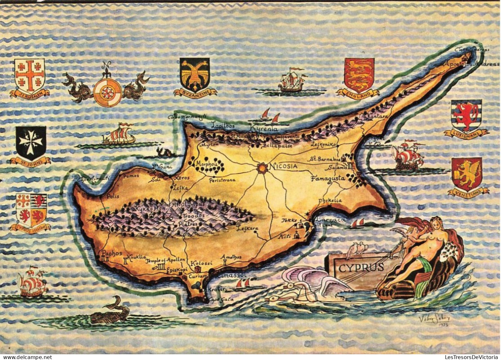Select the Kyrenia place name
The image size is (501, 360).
tap(264, 129)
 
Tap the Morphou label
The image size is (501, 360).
tap(205, 164)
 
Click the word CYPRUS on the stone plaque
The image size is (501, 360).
tap(361, 267)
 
